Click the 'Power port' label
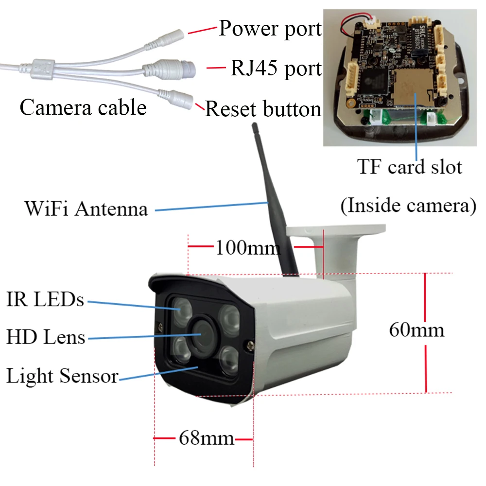click(x=270, y=29)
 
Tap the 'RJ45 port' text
click(x=276, y=69)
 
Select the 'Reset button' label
click(x=263, y=109)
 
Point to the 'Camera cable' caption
click(x=83, y=107)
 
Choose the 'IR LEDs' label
click(x=45, y=299)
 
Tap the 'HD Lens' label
click(x=46, y=337)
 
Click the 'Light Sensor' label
click(x=62, y=376)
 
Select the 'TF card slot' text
click(x=410, y=167)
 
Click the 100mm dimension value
click(x=248, y=248)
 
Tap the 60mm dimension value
click(x=417, y=330)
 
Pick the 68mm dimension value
click(x=207, y=438)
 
